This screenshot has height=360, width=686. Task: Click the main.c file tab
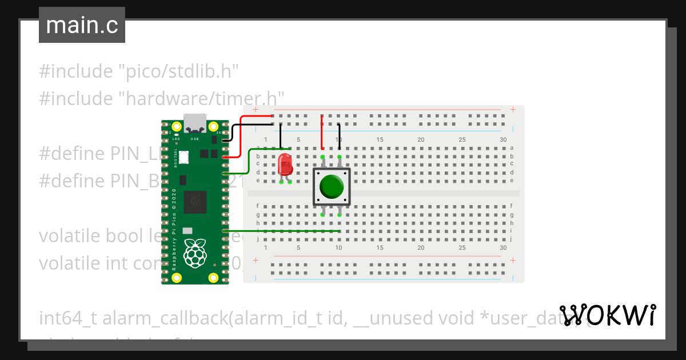coord(82,25)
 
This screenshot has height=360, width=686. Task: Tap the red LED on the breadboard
coord(285,165)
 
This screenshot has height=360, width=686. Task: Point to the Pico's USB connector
coord(195,122)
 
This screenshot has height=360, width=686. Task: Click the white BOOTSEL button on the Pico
coord(184,157)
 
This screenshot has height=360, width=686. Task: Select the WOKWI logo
coord(607,315)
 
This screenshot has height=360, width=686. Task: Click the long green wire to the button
coord(286,231)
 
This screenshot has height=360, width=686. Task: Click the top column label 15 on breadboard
coord(380,140)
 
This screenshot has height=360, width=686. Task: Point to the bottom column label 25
coord(462,248)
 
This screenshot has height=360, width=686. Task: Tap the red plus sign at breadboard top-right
coord(513,109)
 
